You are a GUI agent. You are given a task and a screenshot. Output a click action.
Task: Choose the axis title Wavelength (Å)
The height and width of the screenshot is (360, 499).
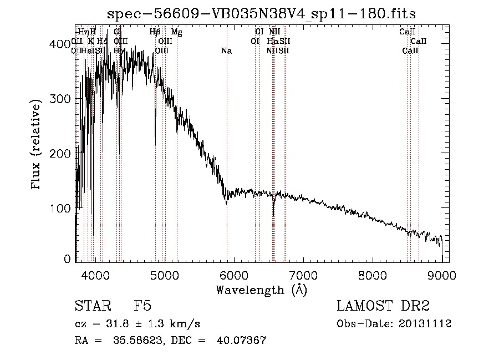(x=261, y=290)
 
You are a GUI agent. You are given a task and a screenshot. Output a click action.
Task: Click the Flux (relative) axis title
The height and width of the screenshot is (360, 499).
(x=37, y=145)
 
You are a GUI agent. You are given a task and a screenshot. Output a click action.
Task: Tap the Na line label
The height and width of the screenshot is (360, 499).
(x=226, y=51)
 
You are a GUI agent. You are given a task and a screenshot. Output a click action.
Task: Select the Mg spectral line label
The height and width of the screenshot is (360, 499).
(x=176, y=32)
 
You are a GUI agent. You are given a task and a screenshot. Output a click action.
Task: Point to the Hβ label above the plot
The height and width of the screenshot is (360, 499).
(x=155, y=32)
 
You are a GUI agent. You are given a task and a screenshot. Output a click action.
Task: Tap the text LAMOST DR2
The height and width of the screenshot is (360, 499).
(x=383, y=306)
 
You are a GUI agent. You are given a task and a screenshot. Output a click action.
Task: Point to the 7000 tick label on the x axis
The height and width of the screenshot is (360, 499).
(x=303, y=275)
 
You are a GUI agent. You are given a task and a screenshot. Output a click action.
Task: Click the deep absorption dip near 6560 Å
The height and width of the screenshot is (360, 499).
(x=273, y=214)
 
